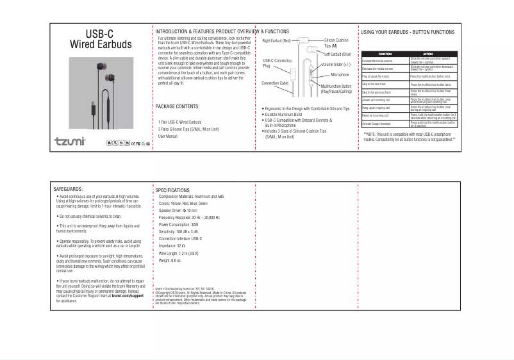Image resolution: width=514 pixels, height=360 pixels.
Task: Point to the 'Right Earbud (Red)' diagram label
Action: [x=277, y=41]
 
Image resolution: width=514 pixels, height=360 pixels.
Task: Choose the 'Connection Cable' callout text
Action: [x=276, y=83]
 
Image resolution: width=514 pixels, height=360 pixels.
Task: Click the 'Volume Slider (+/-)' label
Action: [x=336, y=65]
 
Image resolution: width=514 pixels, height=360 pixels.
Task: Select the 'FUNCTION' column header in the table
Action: [x=385, y=54]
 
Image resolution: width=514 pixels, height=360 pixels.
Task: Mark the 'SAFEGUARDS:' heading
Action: [x=69, y=190]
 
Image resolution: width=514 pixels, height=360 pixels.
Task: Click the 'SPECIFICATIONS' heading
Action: [x=172, y=191]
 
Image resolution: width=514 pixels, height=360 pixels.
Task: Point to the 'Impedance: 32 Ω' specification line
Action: [x=172, y=245]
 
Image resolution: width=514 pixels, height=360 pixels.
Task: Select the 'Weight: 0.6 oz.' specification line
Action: [x=170, y=261]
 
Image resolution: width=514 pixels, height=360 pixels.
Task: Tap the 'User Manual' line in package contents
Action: [x=168, y=136]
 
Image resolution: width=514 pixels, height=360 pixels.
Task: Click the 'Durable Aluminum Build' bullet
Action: [x=283, y=114]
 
